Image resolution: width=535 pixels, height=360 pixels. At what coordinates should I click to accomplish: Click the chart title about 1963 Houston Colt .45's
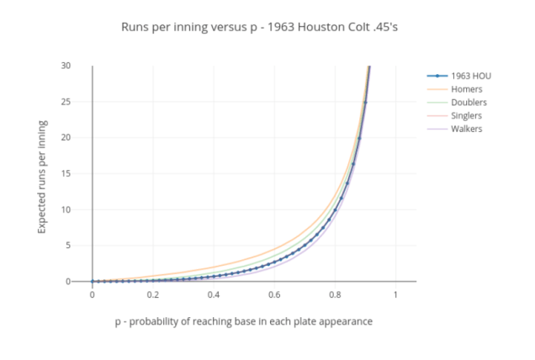[267, 27]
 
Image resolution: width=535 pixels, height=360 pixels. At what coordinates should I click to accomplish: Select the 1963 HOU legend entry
[470, 76]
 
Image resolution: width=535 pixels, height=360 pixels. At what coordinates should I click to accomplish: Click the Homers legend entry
[467, 89]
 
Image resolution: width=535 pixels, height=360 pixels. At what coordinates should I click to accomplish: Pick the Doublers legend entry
[469, 103]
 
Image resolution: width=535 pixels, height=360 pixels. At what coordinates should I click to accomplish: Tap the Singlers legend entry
[468, 115]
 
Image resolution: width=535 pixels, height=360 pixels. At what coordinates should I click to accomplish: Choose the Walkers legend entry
[467, 129]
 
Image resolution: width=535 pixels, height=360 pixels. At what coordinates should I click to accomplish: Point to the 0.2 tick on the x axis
[153, 295]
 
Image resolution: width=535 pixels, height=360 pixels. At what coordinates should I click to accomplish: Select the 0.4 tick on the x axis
[214, 295]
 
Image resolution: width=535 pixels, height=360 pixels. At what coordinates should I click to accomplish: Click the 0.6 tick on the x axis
[274, 295]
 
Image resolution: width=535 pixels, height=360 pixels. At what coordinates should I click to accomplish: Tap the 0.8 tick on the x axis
[335, 295]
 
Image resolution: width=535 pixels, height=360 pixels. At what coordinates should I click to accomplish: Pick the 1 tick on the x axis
[395, 295]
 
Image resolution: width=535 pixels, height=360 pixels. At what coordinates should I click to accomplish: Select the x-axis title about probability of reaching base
[243, 321]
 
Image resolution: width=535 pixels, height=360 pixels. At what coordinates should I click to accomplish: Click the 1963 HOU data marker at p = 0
[93, 282]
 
